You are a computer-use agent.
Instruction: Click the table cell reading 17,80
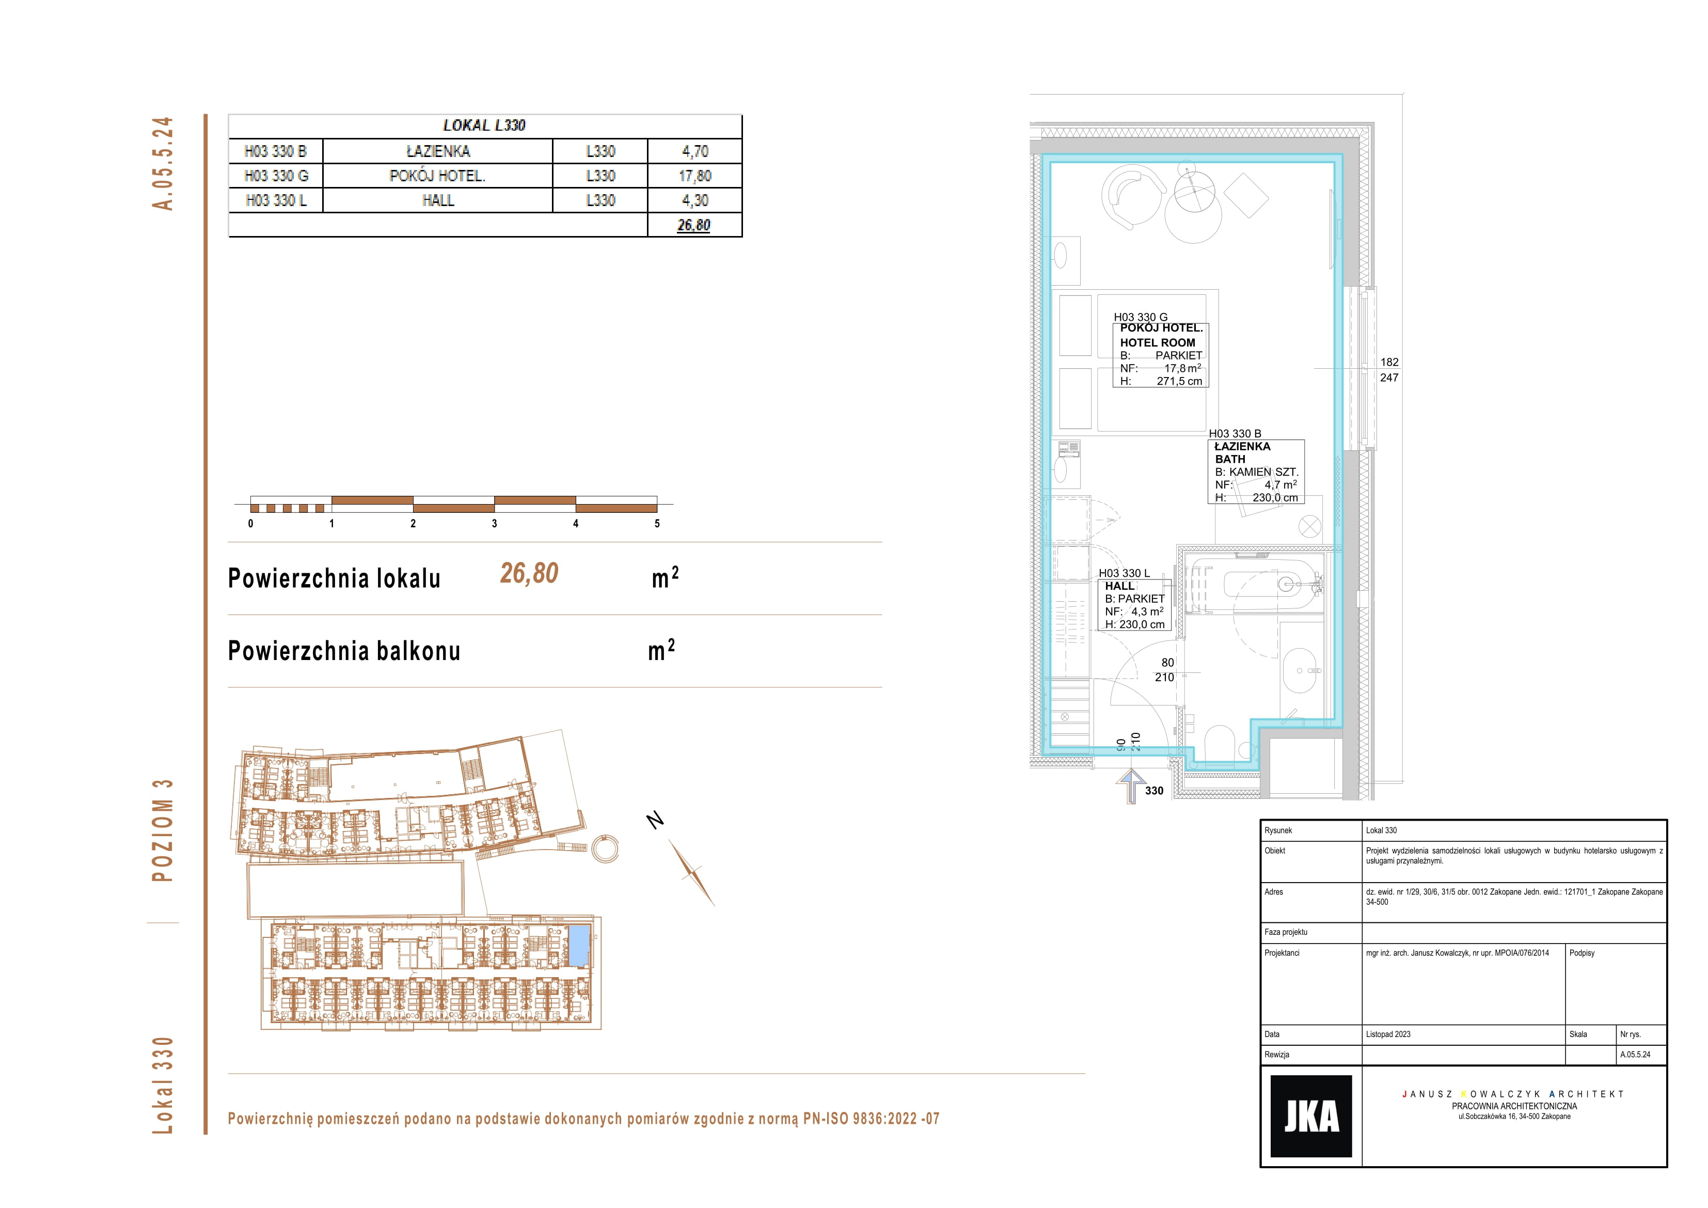[695, 176]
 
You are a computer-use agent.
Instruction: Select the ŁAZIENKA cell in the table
[438, 151]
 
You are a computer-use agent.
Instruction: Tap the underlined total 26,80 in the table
[694, 225]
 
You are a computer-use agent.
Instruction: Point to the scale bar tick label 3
[495, 523]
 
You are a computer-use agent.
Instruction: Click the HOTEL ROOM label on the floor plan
[1158, 342]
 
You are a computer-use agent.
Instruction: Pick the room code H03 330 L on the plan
[1124, 573]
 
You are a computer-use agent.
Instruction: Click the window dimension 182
[1389, 363]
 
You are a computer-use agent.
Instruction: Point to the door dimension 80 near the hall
[1167, 663]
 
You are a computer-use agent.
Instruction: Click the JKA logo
[1311, 1116]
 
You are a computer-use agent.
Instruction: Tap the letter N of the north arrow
[655, 820]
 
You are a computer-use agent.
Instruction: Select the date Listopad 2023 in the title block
[1388, 1034]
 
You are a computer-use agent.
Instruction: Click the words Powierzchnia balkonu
[344, 651]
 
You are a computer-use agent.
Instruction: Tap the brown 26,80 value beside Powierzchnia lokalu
[529, 573]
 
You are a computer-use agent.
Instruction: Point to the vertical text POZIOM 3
[163, 830]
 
